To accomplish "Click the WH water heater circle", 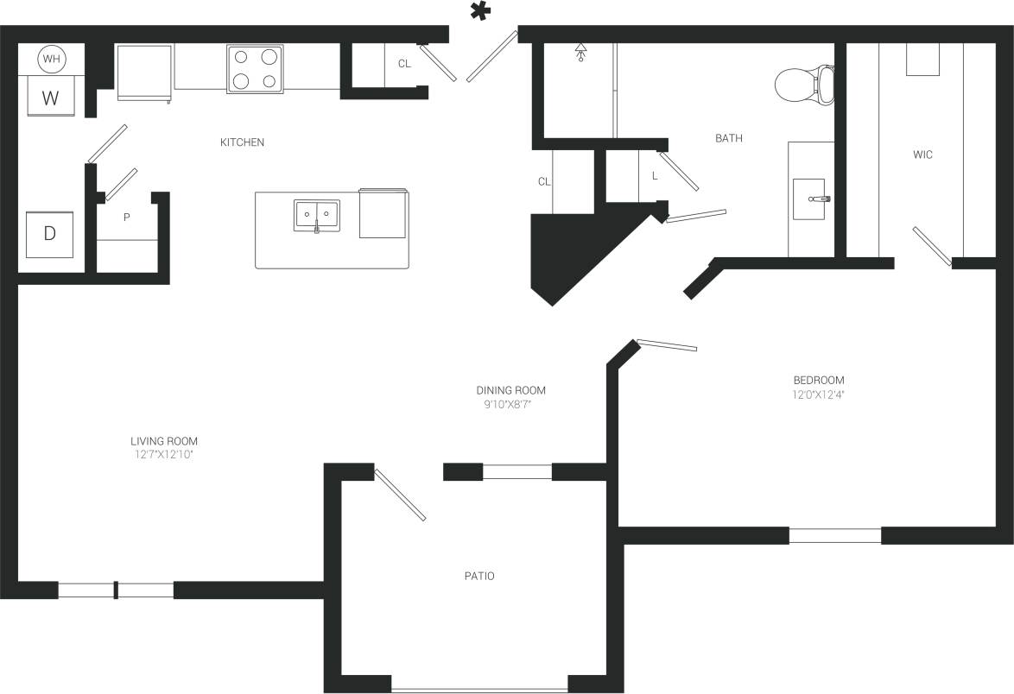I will tap(51, 60).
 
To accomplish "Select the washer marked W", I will tap(51, 97).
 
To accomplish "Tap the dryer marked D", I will tap(50, 233).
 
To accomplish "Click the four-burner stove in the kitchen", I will tap(256, 69).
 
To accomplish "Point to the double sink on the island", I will tap(317, 214).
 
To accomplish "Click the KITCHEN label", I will tap(242, 142).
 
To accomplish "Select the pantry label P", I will tap(126, 218).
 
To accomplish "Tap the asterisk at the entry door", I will tap(479, 12).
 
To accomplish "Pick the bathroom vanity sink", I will tap(810, 199).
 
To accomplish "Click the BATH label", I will tap(728, 138).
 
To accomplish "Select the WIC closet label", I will tap(922, 155).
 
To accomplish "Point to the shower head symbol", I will tap(580, 54).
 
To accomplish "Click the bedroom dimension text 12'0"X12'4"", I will tap(818, 395).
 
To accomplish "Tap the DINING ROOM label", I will tap(511, 390).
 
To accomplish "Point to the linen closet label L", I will tap(655, 175).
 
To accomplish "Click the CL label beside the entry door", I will tap(404, 64).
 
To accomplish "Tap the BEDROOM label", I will tap(818, 380).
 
